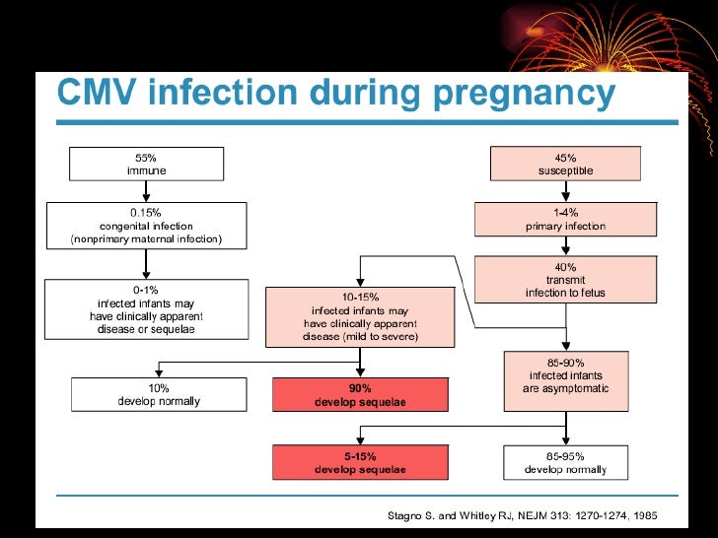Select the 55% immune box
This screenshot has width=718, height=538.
146,164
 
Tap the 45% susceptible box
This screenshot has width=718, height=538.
565,164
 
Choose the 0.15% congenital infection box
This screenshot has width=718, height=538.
146,225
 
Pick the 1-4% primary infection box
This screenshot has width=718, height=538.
565,220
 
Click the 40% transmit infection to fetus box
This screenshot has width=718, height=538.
565,279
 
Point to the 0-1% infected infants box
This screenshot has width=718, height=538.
146,308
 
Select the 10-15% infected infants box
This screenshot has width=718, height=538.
359,316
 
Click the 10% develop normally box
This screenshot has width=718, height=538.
159,394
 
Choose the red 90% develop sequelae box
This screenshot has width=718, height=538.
359,394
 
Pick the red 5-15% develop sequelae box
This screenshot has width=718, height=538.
359,462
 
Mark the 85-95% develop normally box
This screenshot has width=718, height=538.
565,462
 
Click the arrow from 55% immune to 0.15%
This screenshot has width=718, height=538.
146,191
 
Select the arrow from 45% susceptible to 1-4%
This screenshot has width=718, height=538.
565,191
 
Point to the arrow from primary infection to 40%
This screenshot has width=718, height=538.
565,247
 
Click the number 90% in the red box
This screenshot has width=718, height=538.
359,388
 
